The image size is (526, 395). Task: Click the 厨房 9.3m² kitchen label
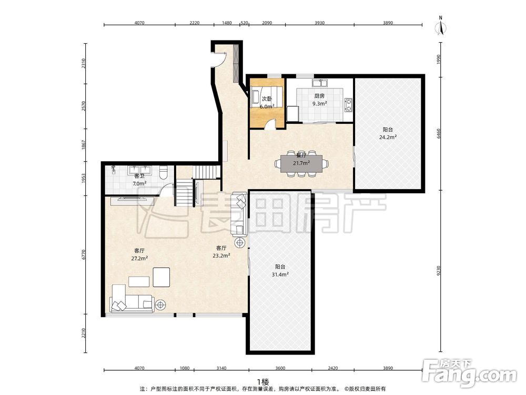click(319, 100)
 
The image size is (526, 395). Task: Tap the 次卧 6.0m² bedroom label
click(267, 103)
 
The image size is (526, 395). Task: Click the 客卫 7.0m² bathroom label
click(139, 180)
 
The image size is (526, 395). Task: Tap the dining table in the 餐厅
click(301, 164)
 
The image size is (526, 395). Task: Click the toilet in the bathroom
click(164, 172)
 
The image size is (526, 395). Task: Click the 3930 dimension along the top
click(320, 23)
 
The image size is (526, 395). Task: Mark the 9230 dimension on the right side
click(439, 271)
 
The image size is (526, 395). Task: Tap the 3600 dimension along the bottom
click(280, 368)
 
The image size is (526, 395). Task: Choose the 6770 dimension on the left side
click(84, 254)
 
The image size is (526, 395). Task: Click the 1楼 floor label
click(263, 382)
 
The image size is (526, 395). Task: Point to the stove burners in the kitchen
click(349, 104)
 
